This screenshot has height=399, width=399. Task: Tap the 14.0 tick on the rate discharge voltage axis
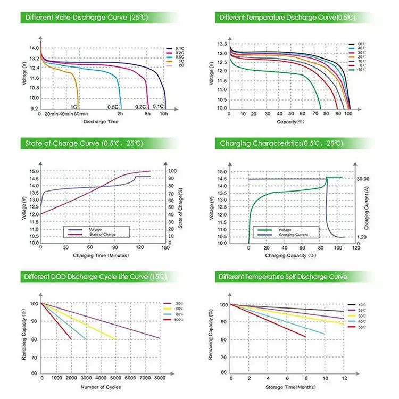tap(34, 48)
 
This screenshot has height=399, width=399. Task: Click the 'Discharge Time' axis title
tap(101, 122)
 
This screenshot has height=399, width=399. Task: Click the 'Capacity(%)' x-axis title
tap(290, 122)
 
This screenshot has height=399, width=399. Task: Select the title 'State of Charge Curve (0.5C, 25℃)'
tap(84, 143)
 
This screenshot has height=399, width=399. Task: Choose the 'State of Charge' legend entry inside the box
tap(102, 234)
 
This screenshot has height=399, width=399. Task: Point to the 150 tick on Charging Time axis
tap(165, 247)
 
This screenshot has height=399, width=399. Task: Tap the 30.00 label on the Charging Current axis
tap(363, 179)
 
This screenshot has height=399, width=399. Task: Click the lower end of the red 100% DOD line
tap(71, 339)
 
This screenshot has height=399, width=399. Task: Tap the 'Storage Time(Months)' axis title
tap(290, 386)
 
